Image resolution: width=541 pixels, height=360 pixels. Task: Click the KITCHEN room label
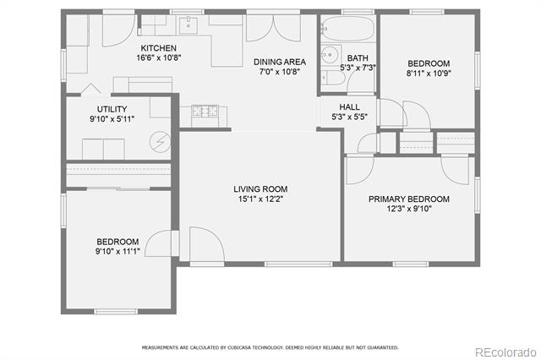pyautogui.click(x=158, y=48)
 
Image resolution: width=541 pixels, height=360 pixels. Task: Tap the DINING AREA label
pyautogui.click(x=280, y=62)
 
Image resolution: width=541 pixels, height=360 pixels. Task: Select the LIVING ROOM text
pyautogui.click(x=260, y=189)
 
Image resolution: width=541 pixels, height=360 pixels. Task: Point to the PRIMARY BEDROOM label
pyautogui.click(x=409, y=199)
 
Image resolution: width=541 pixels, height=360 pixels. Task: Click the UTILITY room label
pyautogui.click(x=112, y=109)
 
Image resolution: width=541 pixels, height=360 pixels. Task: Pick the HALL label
pyautogui.click(x=349, y=106)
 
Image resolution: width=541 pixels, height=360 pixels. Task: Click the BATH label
pyautogui.click(x=358, y=58)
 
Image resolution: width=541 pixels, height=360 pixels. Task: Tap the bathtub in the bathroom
pyautogui.click(x=347, y=28)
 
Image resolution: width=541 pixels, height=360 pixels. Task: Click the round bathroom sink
pyautogui.click(x=330, y=54)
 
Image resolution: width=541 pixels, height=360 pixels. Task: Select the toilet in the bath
pyautogui.click(x=333, y=78)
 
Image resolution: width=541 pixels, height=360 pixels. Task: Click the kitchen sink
pyautogui.click(x=188, y=25)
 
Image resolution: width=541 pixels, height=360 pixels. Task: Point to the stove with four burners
pyautogui.click(x=205, y=111)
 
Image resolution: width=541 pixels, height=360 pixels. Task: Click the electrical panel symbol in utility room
pyautogui.click(x=160, y=142)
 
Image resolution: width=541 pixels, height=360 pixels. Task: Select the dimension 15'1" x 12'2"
pyautogui.click(x=260, y=199)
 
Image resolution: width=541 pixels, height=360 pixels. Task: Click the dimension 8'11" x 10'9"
pyautogui.click(x=429, y=74)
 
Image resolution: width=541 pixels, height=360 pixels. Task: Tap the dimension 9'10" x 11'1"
pyautogui.click(x=117, y=251)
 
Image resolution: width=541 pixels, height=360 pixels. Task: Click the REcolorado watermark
pyautogui.click(x=505, y=352)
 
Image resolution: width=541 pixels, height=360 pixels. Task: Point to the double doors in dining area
pyautogui.click(x=273, y=28)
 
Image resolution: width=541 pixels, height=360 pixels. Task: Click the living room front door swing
pyautogui.click(x=207, y=244)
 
